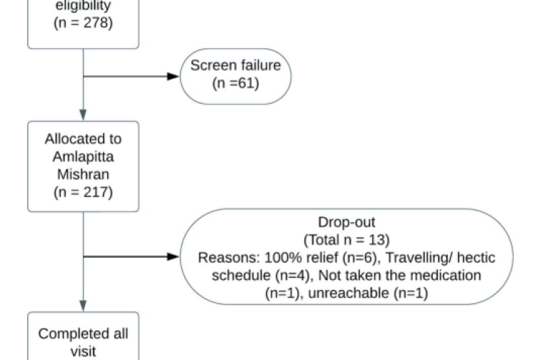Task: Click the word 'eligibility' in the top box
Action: [x=83, y=5]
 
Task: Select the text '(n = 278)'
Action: [x=83, y=22]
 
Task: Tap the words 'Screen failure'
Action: [x=235, y=66]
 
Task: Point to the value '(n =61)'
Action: [x=235, y=83]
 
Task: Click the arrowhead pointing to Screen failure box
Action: [x=173, y=75]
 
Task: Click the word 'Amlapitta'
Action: [x=83, y=157]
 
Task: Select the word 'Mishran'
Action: [x=83, y=175]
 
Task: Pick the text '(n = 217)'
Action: [x=83, y=193]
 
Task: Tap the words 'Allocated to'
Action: [x=83, y=139]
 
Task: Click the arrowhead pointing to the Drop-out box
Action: [x=173, y=256]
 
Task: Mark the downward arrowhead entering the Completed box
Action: [x=83, y=304]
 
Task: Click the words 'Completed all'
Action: [x=83, y=334]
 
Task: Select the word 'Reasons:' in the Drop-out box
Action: [x=222, y=257]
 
